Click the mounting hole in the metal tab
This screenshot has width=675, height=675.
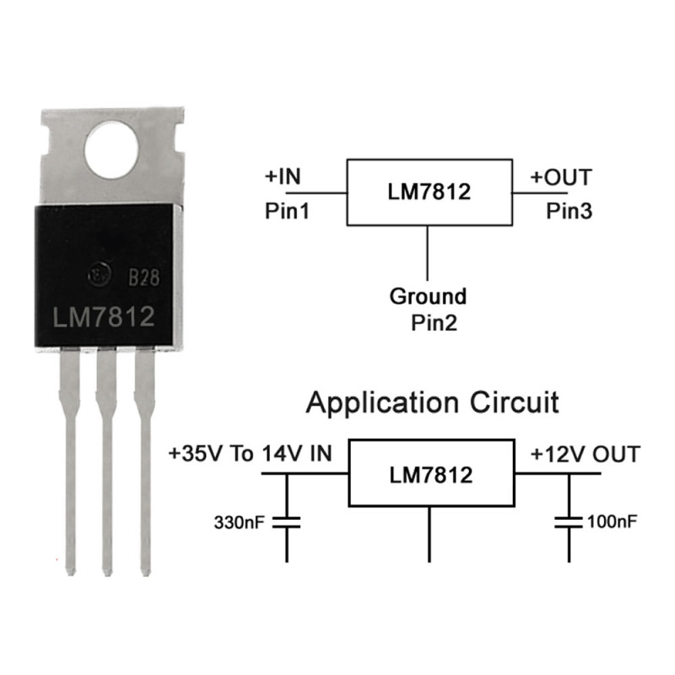pyautogui.click(x=111, y=149)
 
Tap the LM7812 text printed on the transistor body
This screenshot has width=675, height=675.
pyautogui.click(x=103, y=317)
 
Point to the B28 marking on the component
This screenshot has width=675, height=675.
pyautogui.click(x=144, y=278)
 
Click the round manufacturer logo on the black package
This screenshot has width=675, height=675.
pyautogui.click(x=100, y=273)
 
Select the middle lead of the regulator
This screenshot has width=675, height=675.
pyautogui.click(x=106, y=461)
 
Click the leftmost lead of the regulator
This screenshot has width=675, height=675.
pyautogui.click(x=70, y=461)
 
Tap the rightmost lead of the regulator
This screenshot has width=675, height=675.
pyautogui.click(x=145, y=461)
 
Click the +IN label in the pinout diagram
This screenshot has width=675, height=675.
pyautogui.click(x=283, y=176)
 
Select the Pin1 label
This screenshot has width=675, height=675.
pyautogui.click(x=287, y=211)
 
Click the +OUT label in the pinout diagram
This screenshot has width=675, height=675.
pyautogui.click(x=561, y=177)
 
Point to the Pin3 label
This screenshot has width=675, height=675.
pyautogui.click(x=569, y=211)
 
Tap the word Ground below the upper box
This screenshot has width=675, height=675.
pyautogui.click(x=428, y=296)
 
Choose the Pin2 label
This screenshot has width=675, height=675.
pyautogui.click(x=434, y=322)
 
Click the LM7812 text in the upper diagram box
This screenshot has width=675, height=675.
pyautogui.click(x=429, y=192)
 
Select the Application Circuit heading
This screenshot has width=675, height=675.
pyautogui.click(x=432, y=403)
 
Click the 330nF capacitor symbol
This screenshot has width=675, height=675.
pyautogui.click(x=287, y=522)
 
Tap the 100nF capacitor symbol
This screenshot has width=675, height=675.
pyautogui.click(x=569, y=522)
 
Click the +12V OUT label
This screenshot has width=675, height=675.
pyautogui.click(x=586, y=455)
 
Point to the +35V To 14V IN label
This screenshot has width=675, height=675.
pyautogui.click(x=250, y=454)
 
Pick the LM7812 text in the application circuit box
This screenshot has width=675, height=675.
pyautogui.click(x=431, y=475)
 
